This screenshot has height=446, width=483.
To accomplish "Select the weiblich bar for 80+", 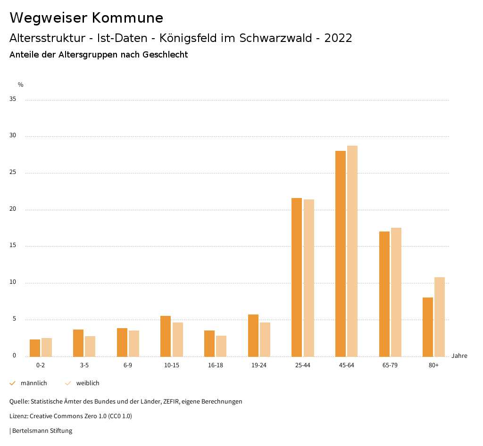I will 440,317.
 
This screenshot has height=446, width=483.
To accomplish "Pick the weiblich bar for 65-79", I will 396,292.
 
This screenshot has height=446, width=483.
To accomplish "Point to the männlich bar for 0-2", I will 35,348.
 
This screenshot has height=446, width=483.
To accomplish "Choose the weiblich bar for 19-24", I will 265,339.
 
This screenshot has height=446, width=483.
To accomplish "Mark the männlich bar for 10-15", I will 166,336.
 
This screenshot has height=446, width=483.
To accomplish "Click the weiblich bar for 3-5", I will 90,347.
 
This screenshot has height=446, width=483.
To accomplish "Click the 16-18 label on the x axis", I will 215,365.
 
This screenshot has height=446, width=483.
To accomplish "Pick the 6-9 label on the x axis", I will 128,365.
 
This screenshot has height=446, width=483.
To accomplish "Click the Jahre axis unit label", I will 459,356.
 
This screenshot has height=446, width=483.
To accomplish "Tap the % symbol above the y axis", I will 21,85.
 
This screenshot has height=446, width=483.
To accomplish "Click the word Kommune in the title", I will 127,18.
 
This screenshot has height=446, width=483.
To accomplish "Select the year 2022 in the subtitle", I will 338,38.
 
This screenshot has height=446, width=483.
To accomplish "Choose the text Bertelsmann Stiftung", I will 42,431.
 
